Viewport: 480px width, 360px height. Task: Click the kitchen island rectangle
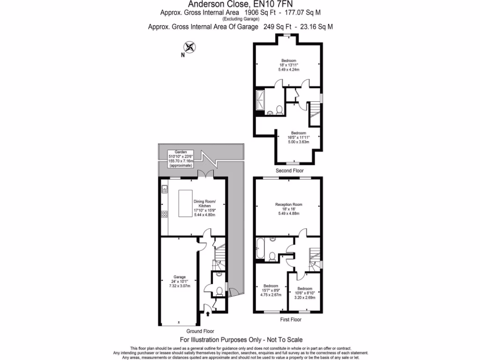[185, 203]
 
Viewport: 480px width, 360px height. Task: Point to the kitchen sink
[165, 190]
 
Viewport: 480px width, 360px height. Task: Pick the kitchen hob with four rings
[165, 214]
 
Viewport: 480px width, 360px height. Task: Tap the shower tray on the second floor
[261, 102]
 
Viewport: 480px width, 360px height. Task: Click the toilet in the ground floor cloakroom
[219, 291]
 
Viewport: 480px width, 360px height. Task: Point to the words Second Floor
[288, 171]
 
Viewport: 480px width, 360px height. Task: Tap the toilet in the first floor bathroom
[272, 256]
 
